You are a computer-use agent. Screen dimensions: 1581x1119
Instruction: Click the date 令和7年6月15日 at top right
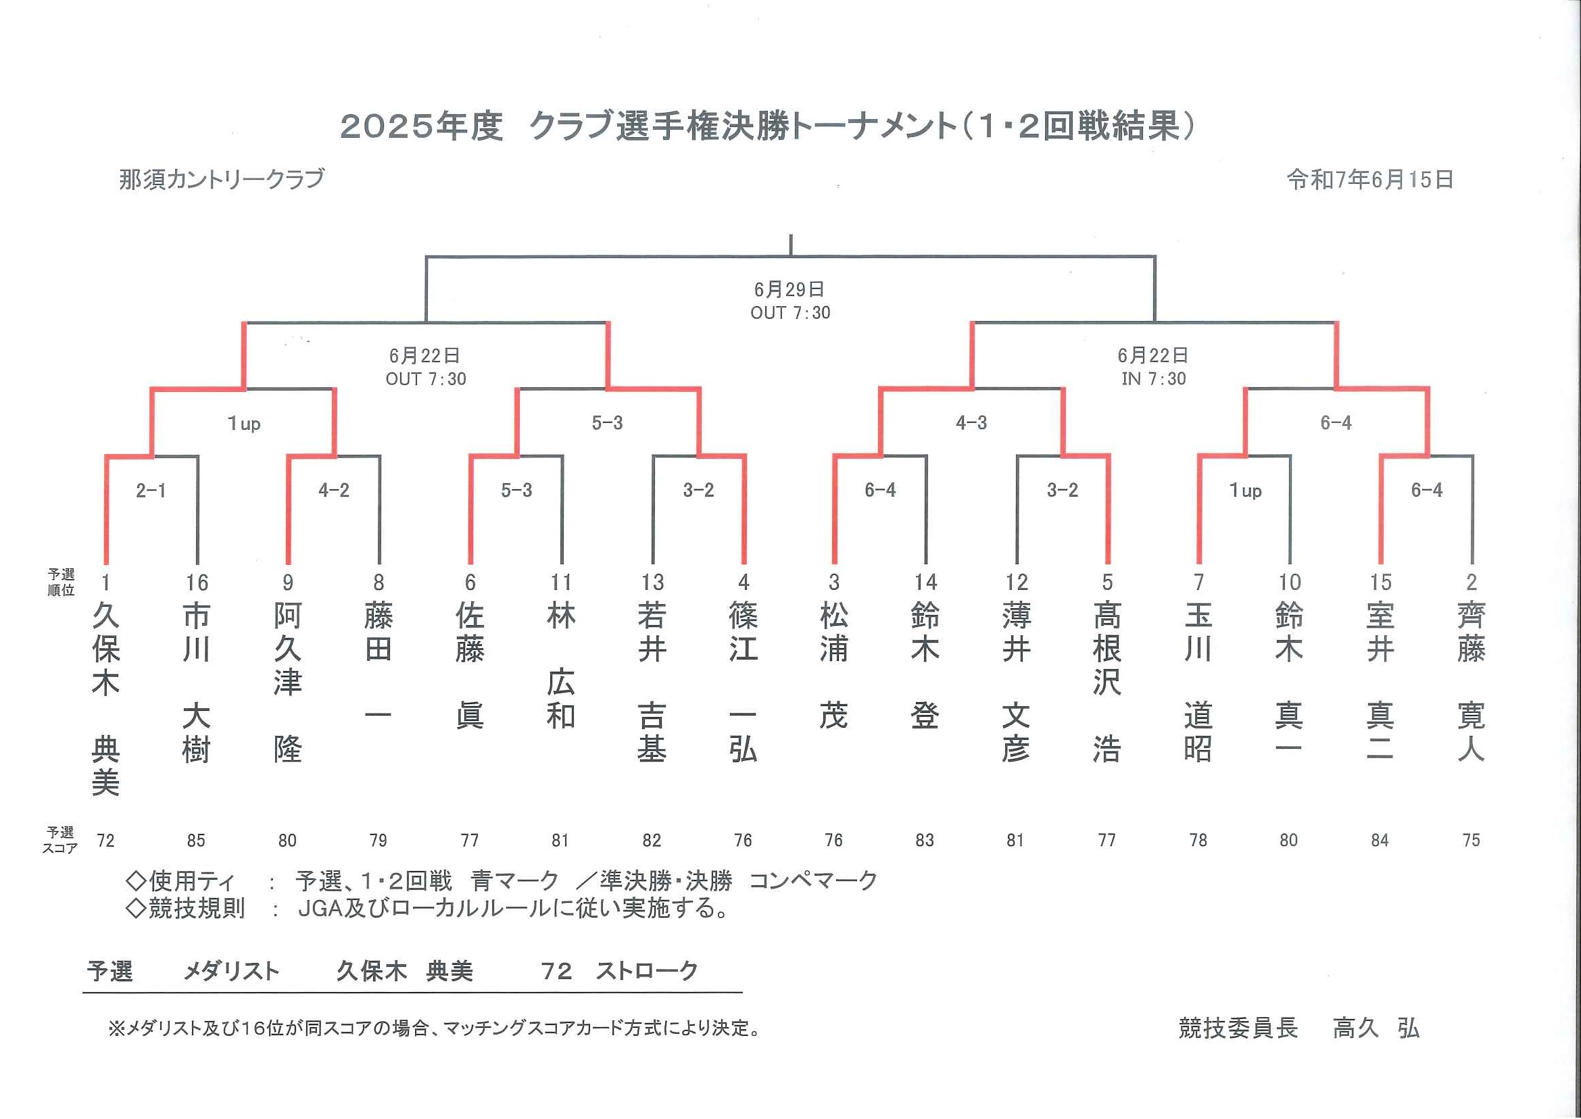(1370, 180)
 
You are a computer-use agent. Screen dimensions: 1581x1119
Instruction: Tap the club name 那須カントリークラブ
(221, 179)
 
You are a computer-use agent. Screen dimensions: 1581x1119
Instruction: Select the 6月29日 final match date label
(789, 289)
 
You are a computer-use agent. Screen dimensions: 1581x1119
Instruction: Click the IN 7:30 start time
(1154, 379)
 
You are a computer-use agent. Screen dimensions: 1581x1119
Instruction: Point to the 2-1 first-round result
(151, 491)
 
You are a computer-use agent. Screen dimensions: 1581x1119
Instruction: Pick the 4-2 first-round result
(333, 491)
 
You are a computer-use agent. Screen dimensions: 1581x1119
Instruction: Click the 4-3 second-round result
(971, 423)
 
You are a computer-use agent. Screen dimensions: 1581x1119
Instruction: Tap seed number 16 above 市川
(197, 583)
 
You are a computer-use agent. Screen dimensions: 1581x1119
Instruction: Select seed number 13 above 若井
(652, 583)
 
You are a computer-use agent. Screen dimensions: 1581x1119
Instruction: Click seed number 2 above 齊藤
(1471, 583)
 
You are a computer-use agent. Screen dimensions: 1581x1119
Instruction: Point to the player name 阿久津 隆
(287, 682)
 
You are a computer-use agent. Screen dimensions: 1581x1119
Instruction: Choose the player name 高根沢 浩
(1107, 682)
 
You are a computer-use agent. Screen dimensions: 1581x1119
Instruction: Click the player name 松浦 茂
(834, 666)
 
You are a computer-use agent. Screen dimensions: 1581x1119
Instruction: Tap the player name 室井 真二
(1380, 682)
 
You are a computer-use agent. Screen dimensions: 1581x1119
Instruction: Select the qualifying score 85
(197, 841)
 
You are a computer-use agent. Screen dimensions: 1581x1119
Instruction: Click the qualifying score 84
(1380, 841)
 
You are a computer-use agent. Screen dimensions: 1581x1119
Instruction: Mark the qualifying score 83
(925, 841)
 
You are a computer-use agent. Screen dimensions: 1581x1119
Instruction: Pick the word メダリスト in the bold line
(232, 972)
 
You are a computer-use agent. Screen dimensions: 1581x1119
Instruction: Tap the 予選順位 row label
(62, 582)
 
